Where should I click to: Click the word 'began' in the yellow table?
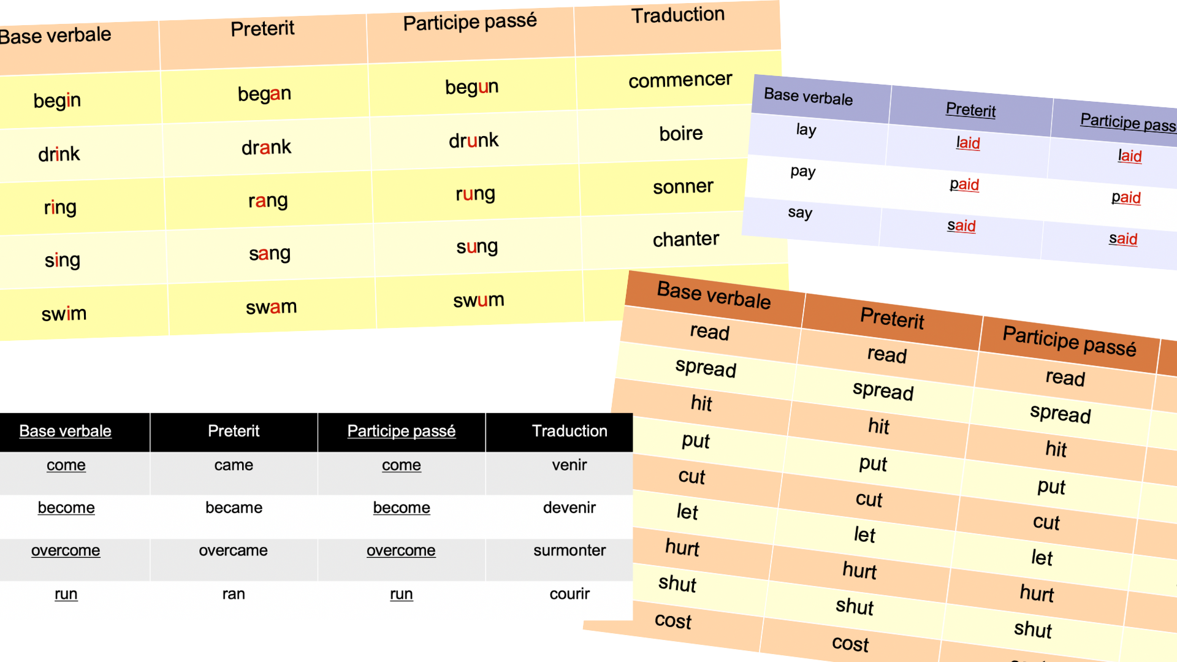coord(264,94)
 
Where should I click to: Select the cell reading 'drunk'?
coord(473,140)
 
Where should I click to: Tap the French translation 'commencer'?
coord(680,80)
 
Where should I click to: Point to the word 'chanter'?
coord(685,239)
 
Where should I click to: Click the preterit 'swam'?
coord(271,306)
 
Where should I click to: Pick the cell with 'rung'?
coord(475,194)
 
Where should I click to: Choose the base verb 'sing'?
coord(62,260)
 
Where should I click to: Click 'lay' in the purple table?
coord(806,130)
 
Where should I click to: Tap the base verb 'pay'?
coord(803,171)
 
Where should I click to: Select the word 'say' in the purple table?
coord(800,213)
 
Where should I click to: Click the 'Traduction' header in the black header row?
coord(569,431)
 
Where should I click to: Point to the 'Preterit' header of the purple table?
coord(970,110)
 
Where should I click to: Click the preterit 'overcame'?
coord(233,550)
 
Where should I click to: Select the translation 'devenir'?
coord(569,508)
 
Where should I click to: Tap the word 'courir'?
coord(569,593)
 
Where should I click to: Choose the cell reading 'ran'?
coord(234,593)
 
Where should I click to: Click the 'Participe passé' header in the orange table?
coord(1069,341)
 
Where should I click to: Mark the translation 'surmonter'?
coord(569,550)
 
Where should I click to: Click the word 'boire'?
coord(680,133)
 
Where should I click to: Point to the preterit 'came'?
coord(234,465)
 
